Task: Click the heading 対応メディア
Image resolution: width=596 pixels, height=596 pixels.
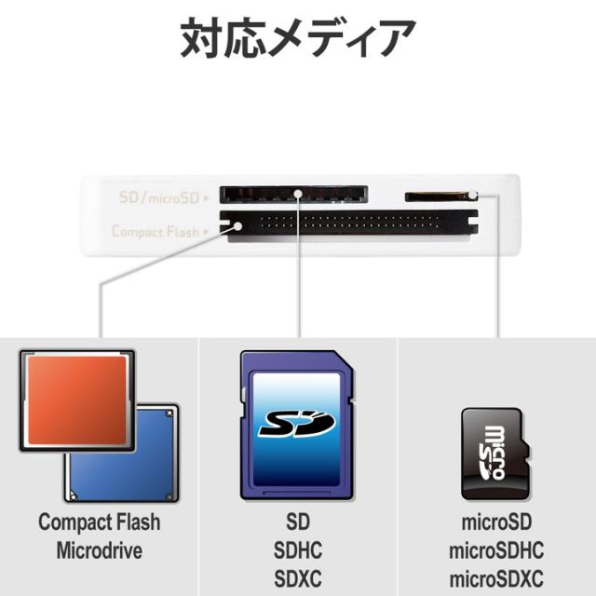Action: (x=298, y=38)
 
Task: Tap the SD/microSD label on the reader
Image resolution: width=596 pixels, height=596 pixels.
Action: (x=159, y=197)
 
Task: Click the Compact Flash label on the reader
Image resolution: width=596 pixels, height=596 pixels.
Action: (x=156, y=231)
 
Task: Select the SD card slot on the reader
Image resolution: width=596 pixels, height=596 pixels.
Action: (x=293, y=195)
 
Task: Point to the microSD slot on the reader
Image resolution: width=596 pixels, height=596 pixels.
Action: (x=437, y=196)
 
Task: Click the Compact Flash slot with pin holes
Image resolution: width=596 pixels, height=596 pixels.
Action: (x=348, y=225)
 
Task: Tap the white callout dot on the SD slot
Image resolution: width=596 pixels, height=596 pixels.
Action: (x=298, y=194)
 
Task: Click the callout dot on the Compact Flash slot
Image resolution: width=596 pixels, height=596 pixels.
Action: (x=238, y=226)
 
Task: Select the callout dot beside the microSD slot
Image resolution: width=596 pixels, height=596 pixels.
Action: (x=472, y=196)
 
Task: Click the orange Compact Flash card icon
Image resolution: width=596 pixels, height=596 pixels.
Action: (x=77, y=400)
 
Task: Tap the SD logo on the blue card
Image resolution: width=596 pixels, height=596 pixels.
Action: (x=297, y=424)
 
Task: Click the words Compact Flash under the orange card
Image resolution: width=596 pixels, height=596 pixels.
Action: (x=100, y=521)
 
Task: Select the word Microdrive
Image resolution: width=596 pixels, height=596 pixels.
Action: (x=100, y=550)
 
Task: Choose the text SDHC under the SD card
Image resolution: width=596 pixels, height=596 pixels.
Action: (x=298, y=550)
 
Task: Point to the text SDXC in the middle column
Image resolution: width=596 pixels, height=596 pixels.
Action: (x=298, y=578)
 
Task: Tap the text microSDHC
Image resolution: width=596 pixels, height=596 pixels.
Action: (x=496, y=550)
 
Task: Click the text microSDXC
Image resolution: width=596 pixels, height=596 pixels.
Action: (x=496, y=578)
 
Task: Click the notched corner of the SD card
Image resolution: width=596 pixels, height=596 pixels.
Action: (x=344, y=360)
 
